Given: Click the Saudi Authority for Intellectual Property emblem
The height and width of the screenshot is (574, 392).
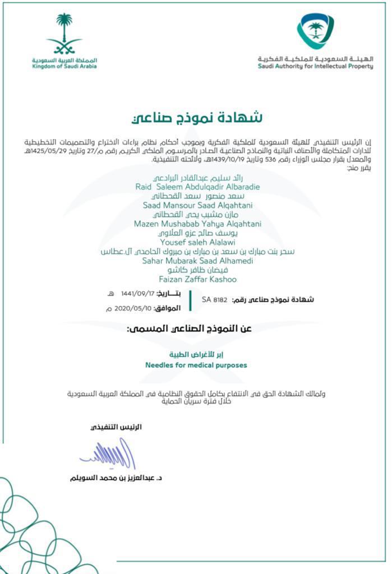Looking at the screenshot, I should [x=315, y=31].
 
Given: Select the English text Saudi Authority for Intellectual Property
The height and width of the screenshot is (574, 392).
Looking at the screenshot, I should [x=315, y=67].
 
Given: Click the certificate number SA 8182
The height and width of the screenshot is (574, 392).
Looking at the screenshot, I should [x=215, y=300].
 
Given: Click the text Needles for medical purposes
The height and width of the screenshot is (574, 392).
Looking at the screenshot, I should [x=196, y=365].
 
